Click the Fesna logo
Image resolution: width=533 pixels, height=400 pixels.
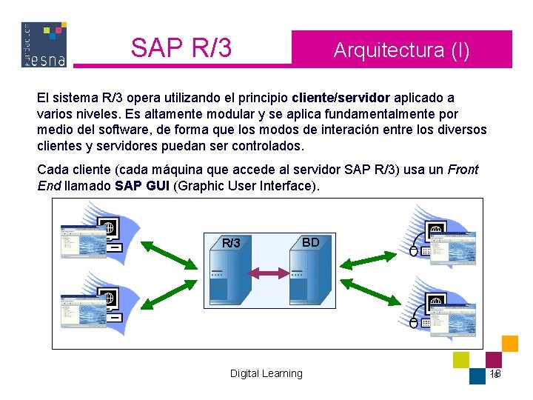tap(44, 44)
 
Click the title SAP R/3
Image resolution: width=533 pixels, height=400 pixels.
tap(181, 48)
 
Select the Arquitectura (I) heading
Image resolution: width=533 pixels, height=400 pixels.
tap(401, 50)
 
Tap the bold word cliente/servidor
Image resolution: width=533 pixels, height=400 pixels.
tap(341, 98)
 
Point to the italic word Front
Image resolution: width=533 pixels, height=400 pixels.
tap(463, 170)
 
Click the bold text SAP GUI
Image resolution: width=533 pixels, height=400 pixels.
tap(142, 186)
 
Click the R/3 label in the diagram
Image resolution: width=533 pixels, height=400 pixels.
tap(232, 243)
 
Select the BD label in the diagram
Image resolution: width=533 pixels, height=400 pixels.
tap(311, 242)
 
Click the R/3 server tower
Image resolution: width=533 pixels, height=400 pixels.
tap(227, 278)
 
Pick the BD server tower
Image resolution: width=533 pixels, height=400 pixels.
tap(308, 278)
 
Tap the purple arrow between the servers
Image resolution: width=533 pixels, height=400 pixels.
tap(268, 274)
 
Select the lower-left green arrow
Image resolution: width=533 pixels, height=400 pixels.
tap(168, 294)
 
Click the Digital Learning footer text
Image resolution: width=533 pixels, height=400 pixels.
tap(266, 373)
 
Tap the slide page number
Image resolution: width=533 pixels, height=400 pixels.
tap(495, 374)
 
